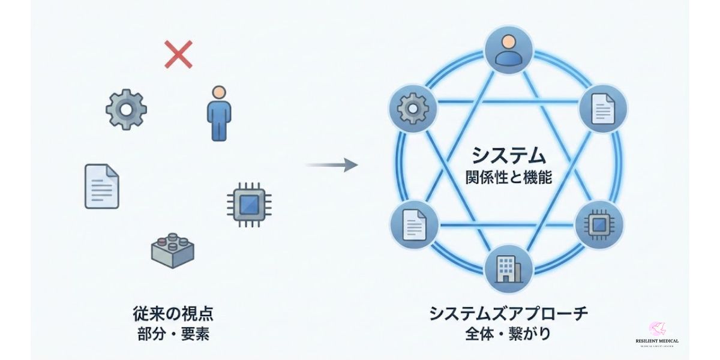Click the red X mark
click(x=178, y=55)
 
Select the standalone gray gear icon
click(x=126, y=109)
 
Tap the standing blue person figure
click(x=219, y=112)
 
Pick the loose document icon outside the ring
click(x=102, y=186)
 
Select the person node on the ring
click(x=509, y=49)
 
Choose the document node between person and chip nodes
click(x=604, y=109)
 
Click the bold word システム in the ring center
click(x=508, y=156)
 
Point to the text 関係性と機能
click(x=508, y=178)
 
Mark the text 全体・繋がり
click(x=508, y=334)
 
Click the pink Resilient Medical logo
click(x=657, y=329)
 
